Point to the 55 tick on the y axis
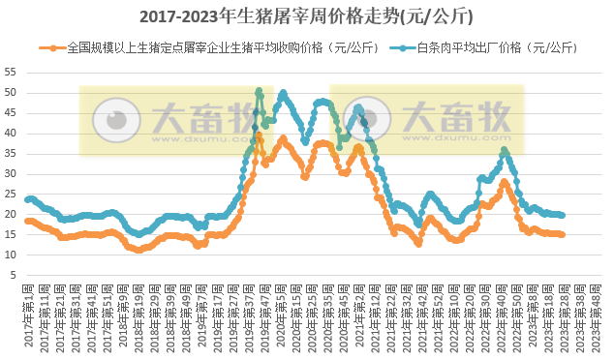[11, 73]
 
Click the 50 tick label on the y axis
[11, 93]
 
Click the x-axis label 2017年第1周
[30, 315]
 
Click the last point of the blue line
[563, 216]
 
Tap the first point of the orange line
[26, 221]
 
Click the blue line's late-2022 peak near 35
[504, 151]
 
